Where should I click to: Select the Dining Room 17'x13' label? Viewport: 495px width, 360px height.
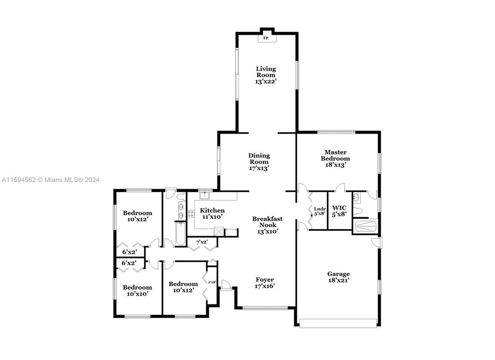(259, 162)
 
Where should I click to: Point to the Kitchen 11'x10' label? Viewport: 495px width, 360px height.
(212, 213)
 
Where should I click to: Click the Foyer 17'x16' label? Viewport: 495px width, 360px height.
(264, 283)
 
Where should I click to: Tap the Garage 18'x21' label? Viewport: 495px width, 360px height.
(338, 277)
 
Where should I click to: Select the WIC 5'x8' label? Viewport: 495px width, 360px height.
(339, 211)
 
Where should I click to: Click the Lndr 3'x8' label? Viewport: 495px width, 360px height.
(320, 211)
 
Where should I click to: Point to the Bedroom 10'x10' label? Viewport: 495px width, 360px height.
(137, 290)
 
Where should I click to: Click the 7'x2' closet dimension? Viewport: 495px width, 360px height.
(202, 242)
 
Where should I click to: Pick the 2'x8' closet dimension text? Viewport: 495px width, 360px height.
(212, 282)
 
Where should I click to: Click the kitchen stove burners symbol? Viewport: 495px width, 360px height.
(191, 214)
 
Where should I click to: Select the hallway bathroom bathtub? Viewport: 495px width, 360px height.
(180, 234)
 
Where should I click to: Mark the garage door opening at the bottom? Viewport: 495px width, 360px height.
(338, 323)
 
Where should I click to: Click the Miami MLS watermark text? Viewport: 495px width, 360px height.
(50, 180)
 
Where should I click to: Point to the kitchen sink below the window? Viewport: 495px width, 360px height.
(205, 195)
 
